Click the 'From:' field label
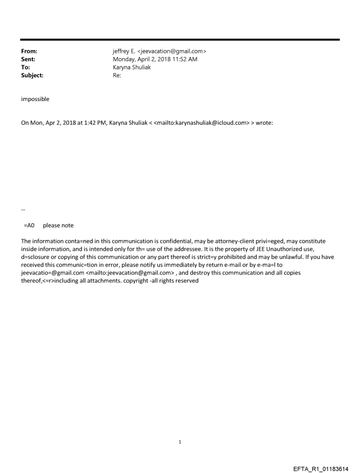(x=29, y=51)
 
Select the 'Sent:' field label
(x=28, y=59)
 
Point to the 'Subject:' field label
(x=32, y=75)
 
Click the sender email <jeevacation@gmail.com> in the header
(x=172, y=51)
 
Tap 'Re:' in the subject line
(x=117, y=75)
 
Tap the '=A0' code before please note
(x=29, y=225)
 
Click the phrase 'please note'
(x=58, y=225)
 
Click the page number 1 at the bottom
(x=180, y=442)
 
